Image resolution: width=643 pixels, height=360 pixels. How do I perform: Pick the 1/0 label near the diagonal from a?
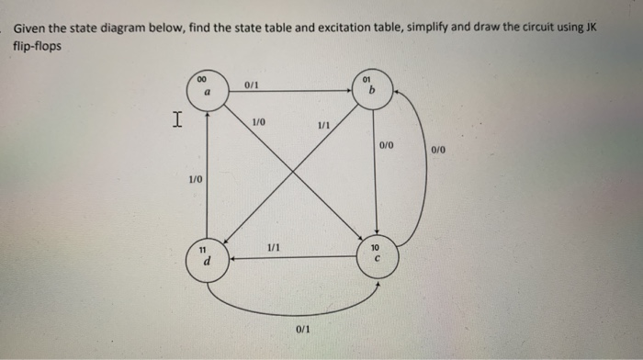point(258,121)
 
